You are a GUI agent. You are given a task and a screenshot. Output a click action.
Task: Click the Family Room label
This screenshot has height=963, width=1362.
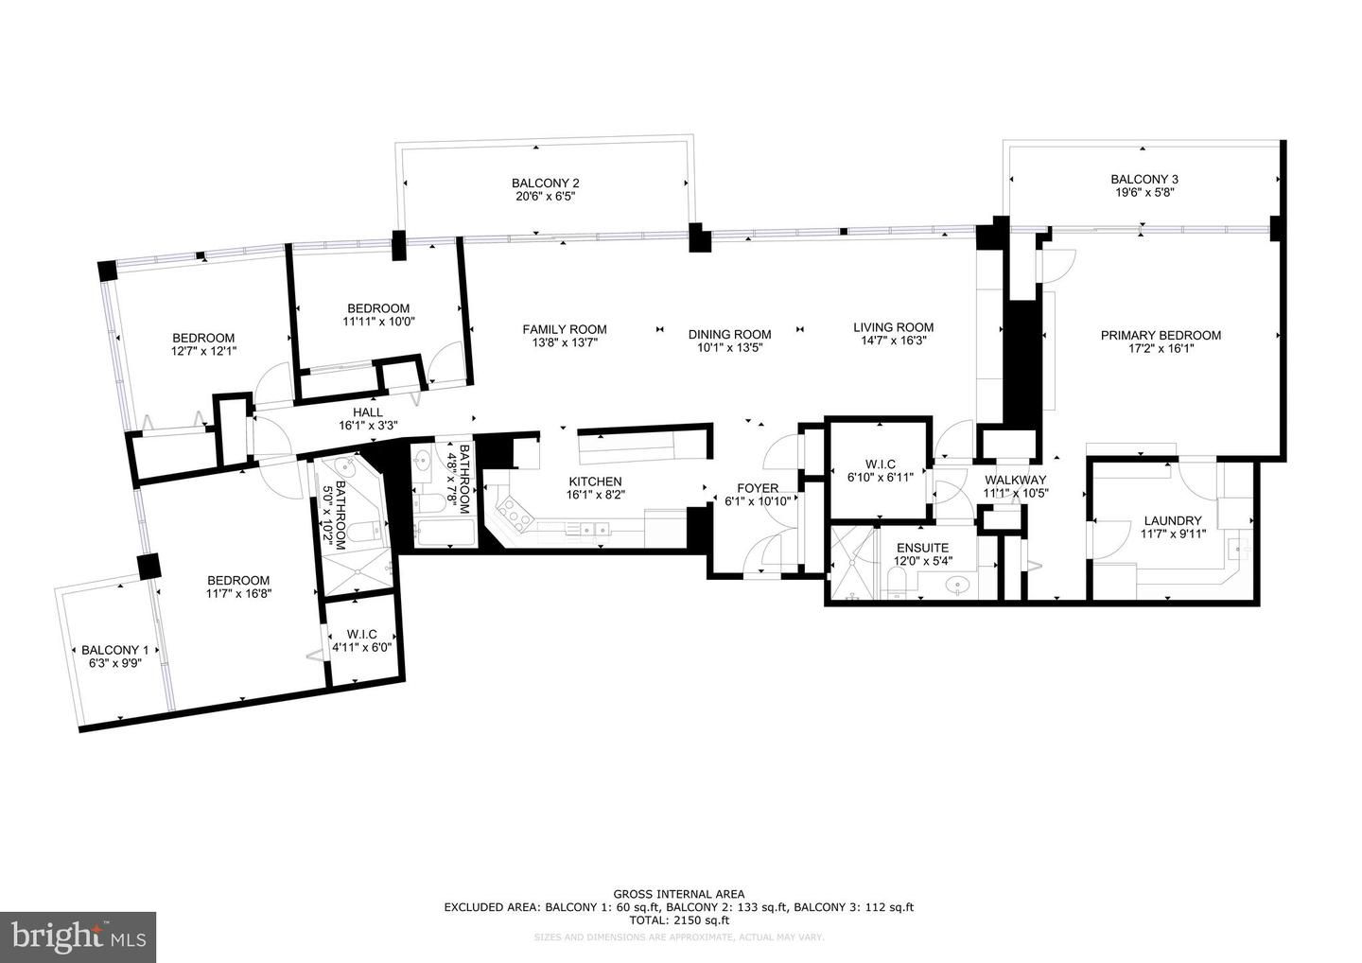pos(565,329)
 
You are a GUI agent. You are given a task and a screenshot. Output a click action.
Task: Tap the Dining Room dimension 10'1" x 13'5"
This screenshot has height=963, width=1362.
pos(729,348)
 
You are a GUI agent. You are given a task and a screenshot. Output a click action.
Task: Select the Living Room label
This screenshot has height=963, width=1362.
pos(893,327)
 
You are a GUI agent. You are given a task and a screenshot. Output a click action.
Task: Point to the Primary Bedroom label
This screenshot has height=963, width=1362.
pos(1161,335)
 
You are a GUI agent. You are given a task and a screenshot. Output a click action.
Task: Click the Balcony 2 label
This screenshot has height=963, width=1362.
pos(546,183)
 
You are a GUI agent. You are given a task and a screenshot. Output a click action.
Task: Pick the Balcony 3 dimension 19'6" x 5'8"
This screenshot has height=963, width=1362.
pos(1144,193)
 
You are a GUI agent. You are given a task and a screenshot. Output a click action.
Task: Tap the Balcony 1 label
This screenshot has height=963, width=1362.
pos(115,650)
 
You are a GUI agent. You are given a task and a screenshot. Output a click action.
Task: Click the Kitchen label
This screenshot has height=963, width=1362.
pos(595,481)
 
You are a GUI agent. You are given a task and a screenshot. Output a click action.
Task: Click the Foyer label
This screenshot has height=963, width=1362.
pos(758,487)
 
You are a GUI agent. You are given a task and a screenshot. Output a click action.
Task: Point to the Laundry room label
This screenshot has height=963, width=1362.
pos(1173,520)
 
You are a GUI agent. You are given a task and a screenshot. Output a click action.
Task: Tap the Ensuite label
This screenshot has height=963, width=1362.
pos(922,548)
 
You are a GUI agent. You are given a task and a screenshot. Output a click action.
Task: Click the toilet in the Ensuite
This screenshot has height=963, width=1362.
pos(897,580)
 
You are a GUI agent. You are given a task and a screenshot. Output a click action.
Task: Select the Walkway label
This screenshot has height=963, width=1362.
pos(1016,480)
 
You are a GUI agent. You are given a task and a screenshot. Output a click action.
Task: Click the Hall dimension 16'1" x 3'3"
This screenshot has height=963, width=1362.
pos(369,426)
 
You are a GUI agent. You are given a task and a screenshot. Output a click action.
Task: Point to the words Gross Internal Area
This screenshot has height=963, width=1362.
pos(678,894)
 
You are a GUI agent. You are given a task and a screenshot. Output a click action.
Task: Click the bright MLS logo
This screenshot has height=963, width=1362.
pos(78,937)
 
